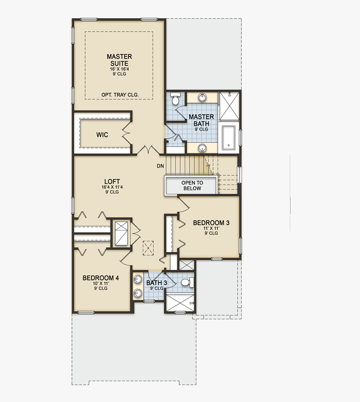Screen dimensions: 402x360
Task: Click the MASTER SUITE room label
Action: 119,59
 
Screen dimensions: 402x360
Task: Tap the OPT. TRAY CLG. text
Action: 120,95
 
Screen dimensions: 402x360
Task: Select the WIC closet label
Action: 102,135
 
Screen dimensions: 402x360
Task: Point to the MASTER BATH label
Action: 201,120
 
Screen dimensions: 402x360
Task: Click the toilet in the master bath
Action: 175,100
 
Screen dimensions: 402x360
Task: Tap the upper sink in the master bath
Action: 202,97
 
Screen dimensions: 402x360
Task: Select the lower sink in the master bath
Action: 202,148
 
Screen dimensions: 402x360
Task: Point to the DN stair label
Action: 160,166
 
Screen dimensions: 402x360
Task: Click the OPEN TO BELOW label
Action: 192,186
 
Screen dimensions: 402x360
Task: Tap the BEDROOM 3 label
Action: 211,223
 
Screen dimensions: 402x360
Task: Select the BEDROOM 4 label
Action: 100,278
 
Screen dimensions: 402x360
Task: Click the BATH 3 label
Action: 157,283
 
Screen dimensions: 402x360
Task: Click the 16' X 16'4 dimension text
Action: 119,69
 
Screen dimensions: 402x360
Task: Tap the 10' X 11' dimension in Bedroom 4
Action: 100,284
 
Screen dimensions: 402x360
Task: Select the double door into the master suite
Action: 149,149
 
